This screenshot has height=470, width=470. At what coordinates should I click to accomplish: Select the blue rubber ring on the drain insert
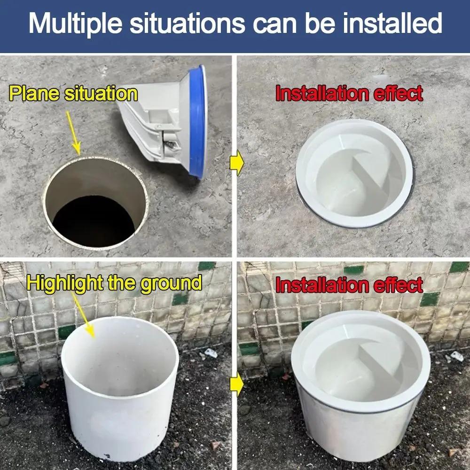[x=200, y=122]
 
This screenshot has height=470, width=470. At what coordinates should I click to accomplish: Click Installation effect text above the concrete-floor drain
[x=349, y=94]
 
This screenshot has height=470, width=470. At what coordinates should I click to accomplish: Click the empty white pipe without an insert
[x=119, y=390]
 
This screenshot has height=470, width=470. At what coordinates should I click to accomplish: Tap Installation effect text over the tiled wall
[x=349, y=285]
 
